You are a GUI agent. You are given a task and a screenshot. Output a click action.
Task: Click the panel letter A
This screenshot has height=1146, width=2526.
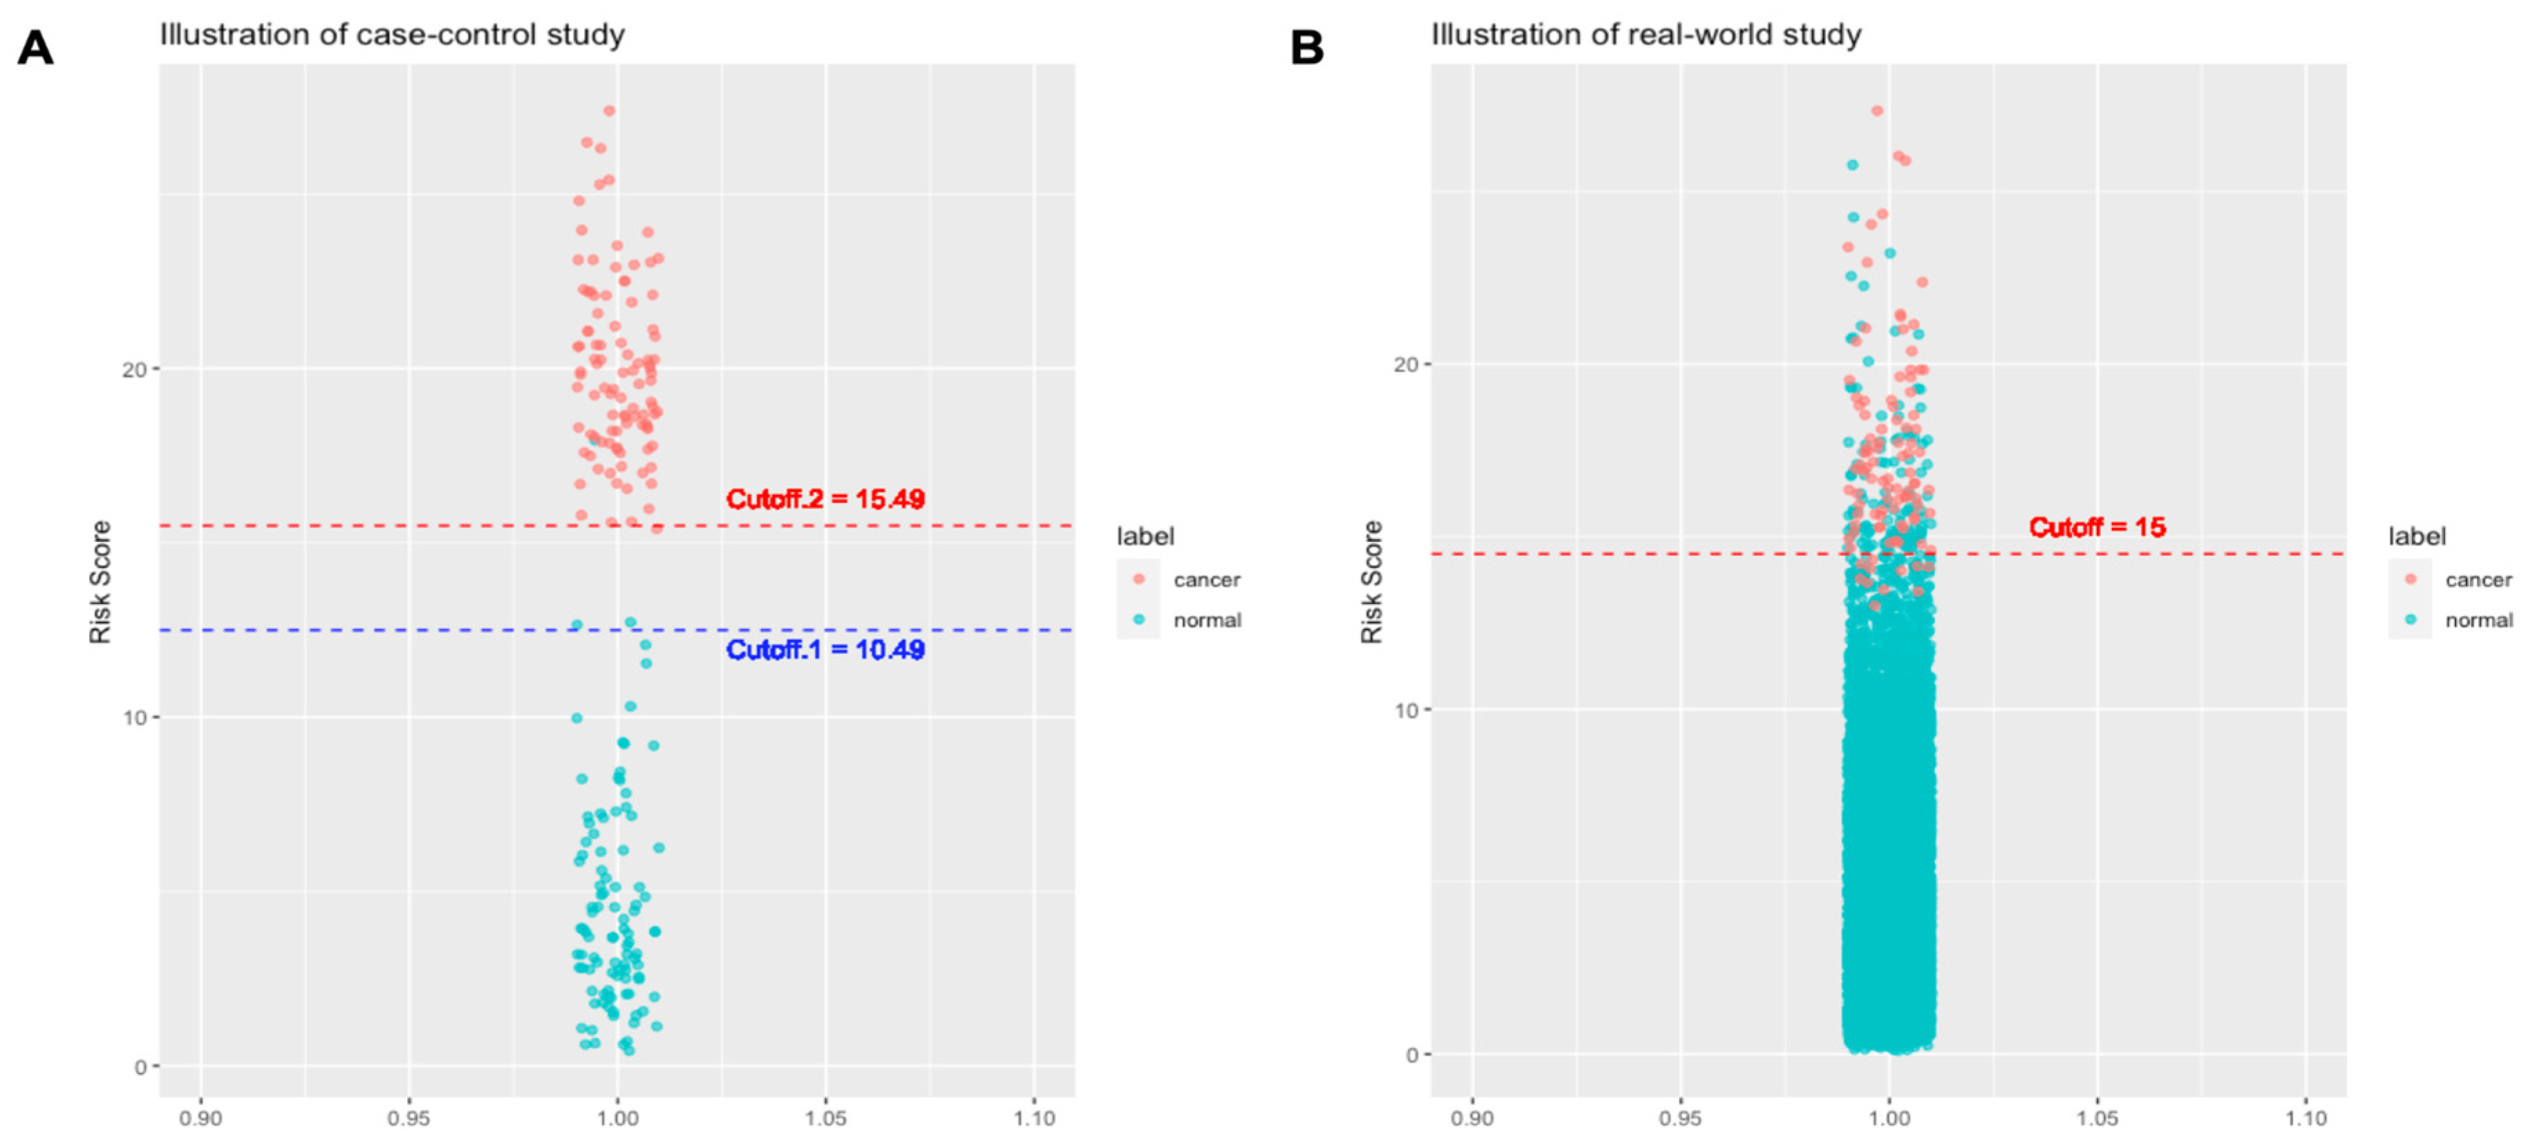35,47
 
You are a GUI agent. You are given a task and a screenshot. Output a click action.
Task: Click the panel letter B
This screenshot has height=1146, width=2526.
1306,47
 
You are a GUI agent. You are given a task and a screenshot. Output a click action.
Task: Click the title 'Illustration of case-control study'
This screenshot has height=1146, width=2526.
393,35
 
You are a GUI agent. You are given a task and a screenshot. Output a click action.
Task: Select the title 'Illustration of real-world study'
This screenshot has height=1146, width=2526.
1646,35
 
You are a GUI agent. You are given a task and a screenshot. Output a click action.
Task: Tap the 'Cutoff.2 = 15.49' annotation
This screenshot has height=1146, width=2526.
824,499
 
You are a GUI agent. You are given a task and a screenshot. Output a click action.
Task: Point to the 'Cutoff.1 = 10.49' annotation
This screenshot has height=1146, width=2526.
824,650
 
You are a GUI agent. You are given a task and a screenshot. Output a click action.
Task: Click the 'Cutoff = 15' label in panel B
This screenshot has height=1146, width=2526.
2097,527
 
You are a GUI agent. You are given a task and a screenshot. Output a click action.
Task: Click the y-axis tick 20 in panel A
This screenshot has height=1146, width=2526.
134,370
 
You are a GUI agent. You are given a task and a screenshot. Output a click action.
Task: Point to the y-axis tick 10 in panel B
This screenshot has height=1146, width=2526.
1406,710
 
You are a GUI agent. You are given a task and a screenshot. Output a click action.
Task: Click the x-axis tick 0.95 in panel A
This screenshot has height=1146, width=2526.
409,1118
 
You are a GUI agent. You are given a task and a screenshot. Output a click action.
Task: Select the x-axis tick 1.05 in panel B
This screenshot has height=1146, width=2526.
2097,1118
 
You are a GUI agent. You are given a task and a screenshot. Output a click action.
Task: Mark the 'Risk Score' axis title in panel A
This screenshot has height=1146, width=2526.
100,581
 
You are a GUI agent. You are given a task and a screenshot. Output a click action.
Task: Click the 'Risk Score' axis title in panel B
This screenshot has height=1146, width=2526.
1371,581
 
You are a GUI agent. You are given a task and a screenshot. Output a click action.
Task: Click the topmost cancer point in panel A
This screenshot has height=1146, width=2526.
609,111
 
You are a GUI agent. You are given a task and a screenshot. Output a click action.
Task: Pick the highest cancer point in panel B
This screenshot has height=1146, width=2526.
1877,111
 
